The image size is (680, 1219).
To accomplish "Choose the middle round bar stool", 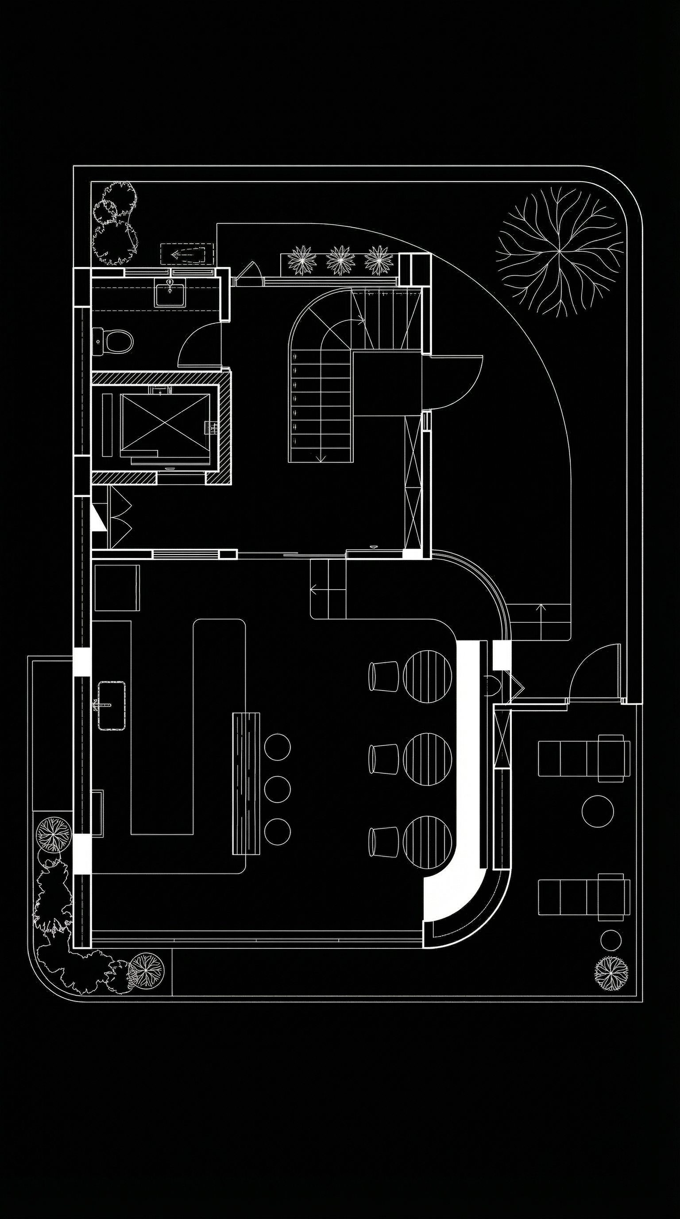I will [277, 788].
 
